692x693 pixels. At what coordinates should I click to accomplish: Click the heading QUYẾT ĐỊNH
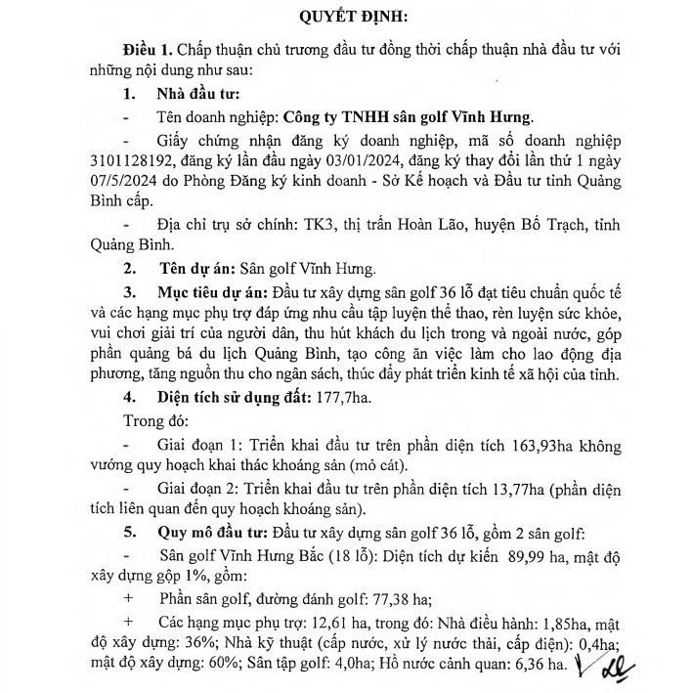[x=345, y=18]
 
